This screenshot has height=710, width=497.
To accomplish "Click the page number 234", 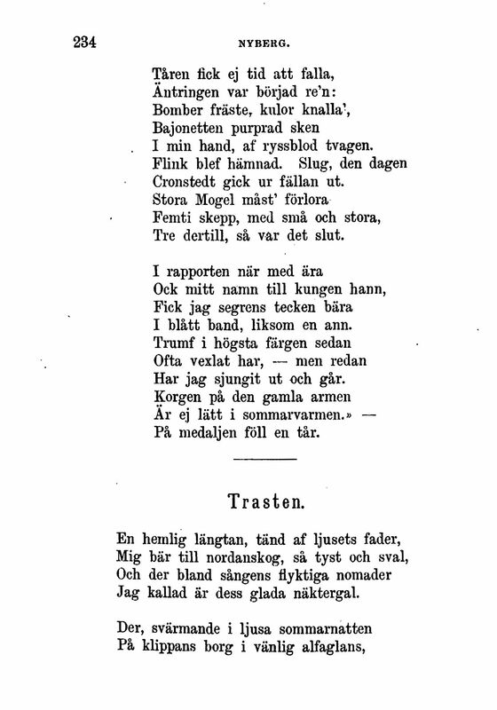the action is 77,41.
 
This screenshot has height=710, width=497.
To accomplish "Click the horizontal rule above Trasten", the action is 262,459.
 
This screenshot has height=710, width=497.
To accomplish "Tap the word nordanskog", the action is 233,558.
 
